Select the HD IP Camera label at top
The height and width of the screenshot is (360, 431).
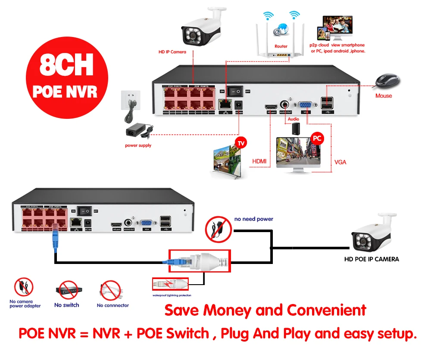click(172, 52)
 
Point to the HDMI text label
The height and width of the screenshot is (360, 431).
click(259, 161)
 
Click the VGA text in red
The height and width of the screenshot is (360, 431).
click(340, 162)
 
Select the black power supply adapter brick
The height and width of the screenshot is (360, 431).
click(137, 130)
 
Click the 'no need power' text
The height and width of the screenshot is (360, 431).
click(254, 219)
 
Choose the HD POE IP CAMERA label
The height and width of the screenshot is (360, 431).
click(372, 259)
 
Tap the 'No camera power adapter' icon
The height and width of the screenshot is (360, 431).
click(24, 287)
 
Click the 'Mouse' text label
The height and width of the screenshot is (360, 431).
click(384, 96)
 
